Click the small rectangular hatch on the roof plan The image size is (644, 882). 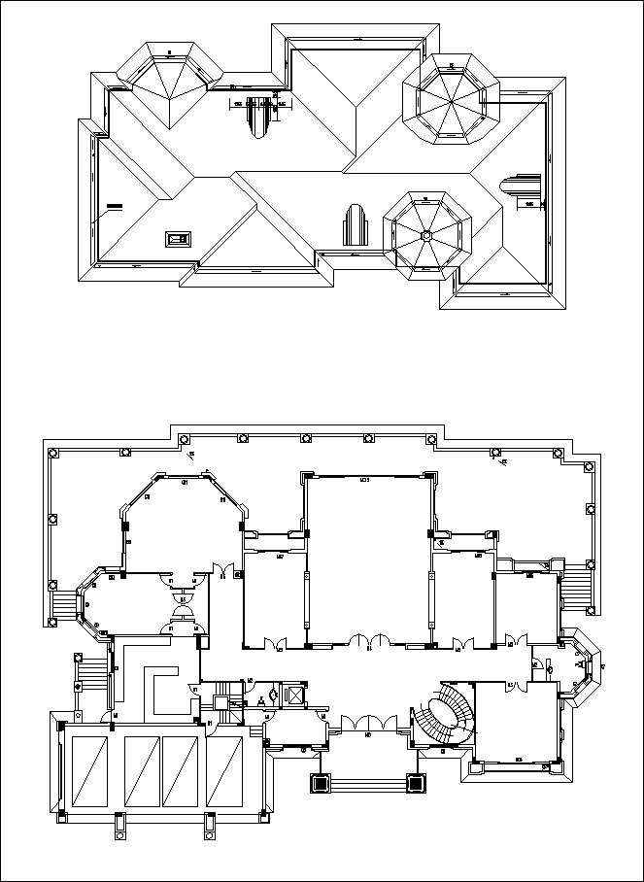tap(178, 237)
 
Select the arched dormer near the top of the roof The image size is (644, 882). tap(258, 118)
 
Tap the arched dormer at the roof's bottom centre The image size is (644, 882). tap(354, 227)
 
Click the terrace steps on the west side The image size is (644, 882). tap(64, 606)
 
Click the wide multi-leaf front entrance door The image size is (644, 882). tap(368, 724)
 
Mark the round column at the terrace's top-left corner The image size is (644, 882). tap(52, 453)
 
